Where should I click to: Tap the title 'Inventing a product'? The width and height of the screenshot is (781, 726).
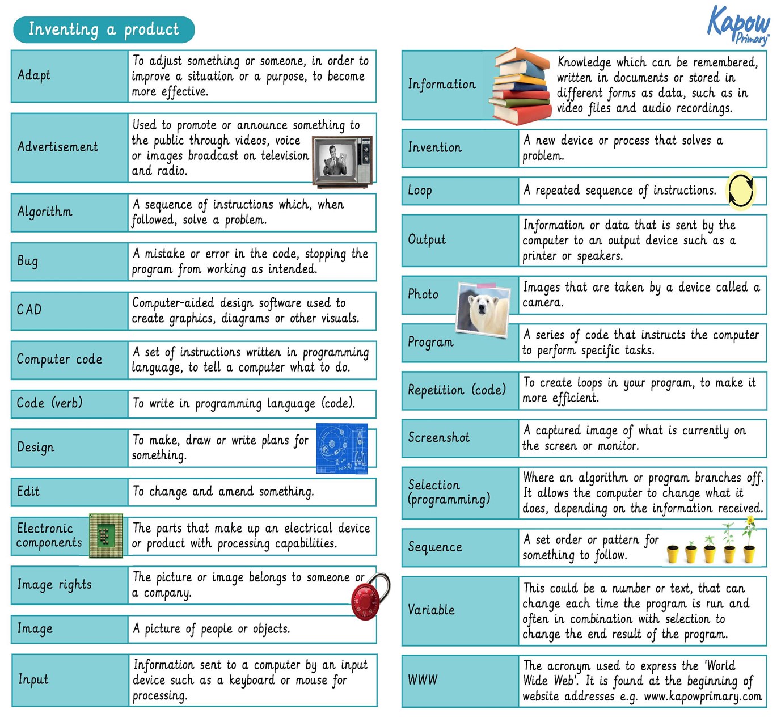tap(103, 29)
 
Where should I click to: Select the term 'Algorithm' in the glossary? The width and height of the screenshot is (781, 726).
tap(45, 212)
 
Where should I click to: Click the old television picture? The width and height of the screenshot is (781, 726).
tap(342, 161)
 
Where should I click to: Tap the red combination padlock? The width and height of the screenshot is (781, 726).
tap(369, 597)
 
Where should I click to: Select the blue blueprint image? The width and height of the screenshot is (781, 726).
tap(342, 448)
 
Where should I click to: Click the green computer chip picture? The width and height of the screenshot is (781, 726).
tap(106, 535)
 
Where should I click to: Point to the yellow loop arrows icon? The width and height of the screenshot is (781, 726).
tap(741, 190)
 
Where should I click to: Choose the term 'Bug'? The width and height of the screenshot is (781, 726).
tap(27, 261)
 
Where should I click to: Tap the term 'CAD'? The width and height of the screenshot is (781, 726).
tap(29, 310)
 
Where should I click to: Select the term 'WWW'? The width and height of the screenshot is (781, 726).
tap(423, 679)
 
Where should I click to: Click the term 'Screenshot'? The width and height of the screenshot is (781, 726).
tap(438, 437)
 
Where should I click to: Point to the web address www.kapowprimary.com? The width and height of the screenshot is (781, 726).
tap(703, 696)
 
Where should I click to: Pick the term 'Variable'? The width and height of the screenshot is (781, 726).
tap(431, 610)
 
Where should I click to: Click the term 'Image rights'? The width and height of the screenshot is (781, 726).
tap(54, 584)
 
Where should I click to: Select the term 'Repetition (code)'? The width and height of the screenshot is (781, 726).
tap(457, 390)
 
